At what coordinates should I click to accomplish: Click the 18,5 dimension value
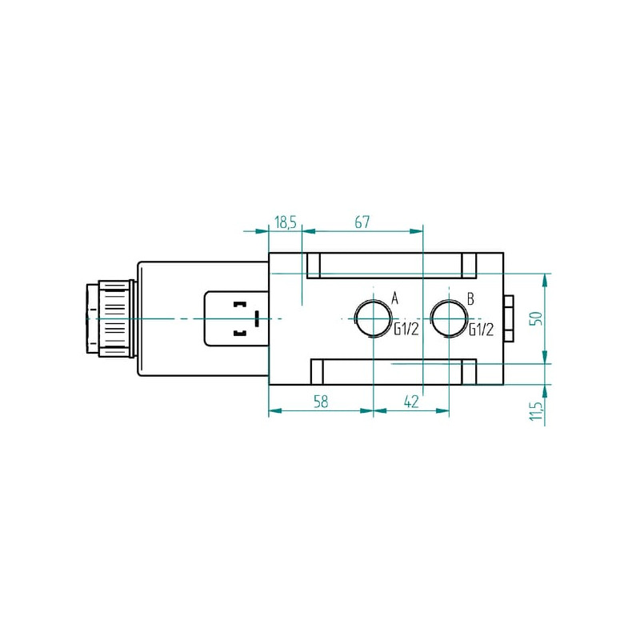(x=285, y=223)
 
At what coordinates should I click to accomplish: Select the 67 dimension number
(x=362, y=222)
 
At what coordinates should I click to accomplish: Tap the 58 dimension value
(x=321, y=402)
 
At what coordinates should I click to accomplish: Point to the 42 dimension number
(x=411, y=402)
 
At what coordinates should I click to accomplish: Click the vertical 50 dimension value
(x=537, y=318)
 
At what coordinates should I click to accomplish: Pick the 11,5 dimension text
(x=536, y=411)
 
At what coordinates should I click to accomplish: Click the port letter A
(x=394, y=298)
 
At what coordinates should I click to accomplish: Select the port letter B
(x=470, y=298)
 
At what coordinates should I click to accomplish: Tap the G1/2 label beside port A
(x=406, y=329)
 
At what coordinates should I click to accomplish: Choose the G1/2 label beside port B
(x=482, y=329)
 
